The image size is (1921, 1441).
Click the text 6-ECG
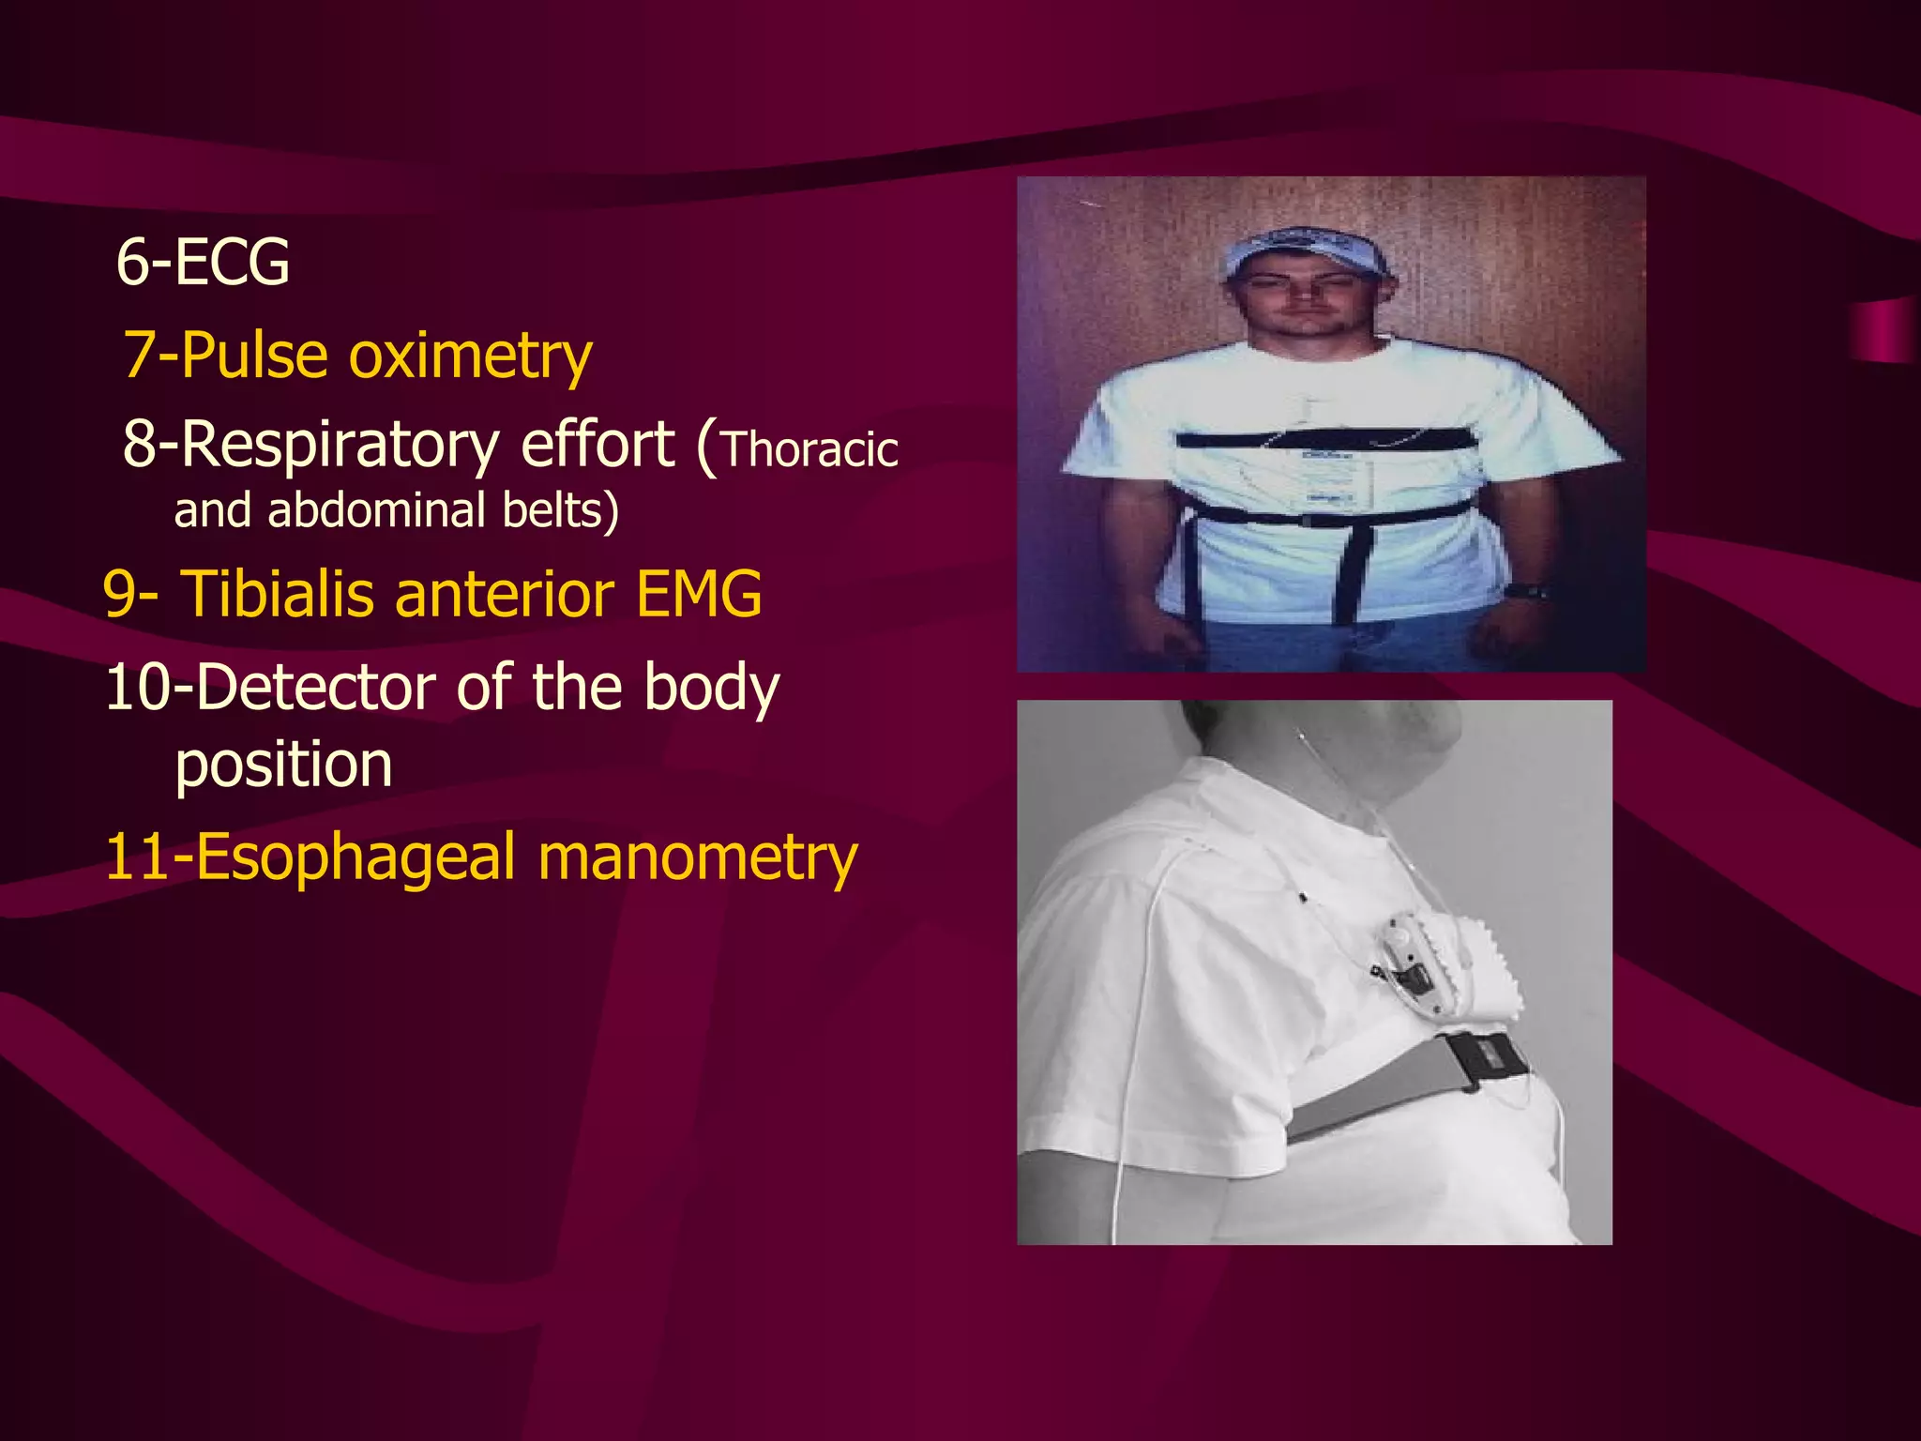click(203, 262)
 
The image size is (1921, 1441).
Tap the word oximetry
click(470, 356)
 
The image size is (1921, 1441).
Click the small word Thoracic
click(809, 450)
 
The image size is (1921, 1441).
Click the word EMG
click(699, 594)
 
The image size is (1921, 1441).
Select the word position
click(283, 765)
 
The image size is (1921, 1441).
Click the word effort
click(597, 445)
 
